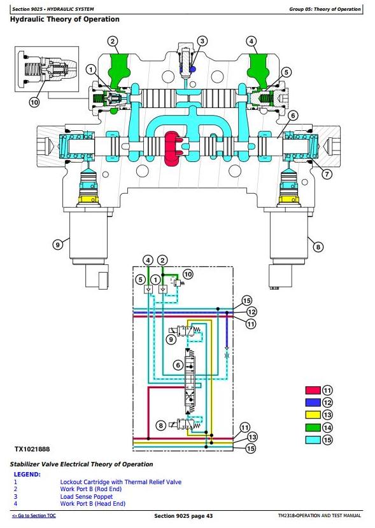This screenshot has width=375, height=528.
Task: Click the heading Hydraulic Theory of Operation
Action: pyautogui.click(x=64, y=19)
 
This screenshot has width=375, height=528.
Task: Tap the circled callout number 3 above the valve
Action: pyautogui.click(x=202, y=41)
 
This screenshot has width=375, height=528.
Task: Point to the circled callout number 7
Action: pyautogui.click(x=327, y=173)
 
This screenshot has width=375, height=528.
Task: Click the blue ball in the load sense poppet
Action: pyautogui.click(x=193, y=69)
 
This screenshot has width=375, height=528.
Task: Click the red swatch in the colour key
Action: pyautogui.click(x=313, y=390)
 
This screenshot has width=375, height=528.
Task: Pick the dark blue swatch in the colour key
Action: pyautogui.click(x=313, y=402)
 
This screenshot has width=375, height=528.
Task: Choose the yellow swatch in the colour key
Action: pyautogui.click(x=313, y=414)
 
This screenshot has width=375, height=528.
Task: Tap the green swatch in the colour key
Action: pyautogui.click(x=313, y=428)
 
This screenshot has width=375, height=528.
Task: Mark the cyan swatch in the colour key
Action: pyautogui.click(x=313, y=440)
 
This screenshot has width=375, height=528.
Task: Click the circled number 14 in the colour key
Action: pyautogui.click(x=327, y=428)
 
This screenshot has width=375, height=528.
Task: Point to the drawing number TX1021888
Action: pyautogui.click(x=32, y=449)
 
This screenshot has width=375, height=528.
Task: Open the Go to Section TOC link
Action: pyautogui.click(x=34, y=515)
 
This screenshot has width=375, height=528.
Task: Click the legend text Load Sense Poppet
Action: pyautogui.click(x=87, y=496)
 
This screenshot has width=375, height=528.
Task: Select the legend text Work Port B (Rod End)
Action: pyautogui.click(x=91, y=489)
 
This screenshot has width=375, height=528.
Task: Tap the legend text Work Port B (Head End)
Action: pyautogui.click(x=93, y=504)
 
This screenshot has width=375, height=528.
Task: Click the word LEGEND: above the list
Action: pyautogui.click(x=27, y=475)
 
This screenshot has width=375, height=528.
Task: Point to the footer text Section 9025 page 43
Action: pyautogui.click(x=183, y=516)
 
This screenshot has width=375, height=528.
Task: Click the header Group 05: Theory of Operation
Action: pyautogui.click(x=325, y=9)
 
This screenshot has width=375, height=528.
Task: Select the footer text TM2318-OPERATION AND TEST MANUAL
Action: pyautogui.click(x=320, y=515)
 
